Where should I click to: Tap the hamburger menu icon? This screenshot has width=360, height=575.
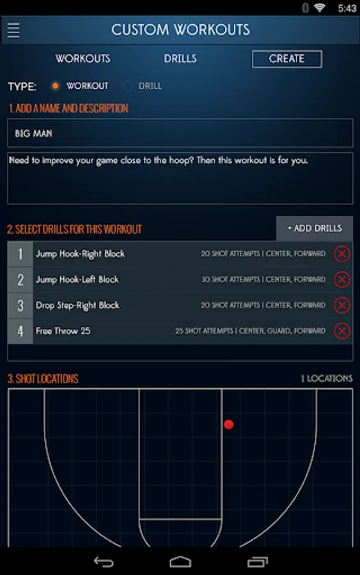pyautogui.click(x=13, y=30)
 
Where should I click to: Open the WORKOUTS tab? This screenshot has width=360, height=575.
pyautogui.click(x=82, y=59)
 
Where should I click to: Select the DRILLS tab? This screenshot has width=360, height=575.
pyautogui.click(x=180, y=59)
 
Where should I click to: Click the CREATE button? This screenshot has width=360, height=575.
pyautogui.click(x=286, y=59)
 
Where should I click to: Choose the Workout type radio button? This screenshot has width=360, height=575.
pyautogui.click(x=56, y=86)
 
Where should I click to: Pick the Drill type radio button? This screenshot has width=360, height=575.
pyautogui.click(x=127, y=86)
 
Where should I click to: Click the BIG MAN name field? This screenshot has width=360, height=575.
pyautogui.click(x=180, y=133)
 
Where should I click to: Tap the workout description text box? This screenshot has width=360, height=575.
pyautogui.click(x=180, y=178)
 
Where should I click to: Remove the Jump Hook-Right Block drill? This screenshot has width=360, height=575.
pyautogui.click(x=341, y=254)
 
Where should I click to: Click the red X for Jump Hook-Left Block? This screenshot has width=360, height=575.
pyautogui.click(x=341, y=279)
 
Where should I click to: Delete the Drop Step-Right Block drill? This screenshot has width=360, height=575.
pyautogui.click(x=341, y=305)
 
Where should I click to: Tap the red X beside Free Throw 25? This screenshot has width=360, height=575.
pyautogui.click(x=341, y=331)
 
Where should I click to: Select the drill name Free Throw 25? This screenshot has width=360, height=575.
pyautogui.click(x=63, y=331)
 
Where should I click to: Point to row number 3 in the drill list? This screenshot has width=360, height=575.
pyautogui.click(x=20, y=305)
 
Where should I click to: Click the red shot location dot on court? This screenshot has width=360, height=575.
pyautogui.click(x=229, y=424)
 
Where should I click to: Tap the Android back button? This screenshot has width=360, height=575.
pyautogui.click(x=104, y=562)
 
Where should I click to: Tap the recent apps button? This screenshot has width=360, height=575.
pyautogui.click(x=258, y=562)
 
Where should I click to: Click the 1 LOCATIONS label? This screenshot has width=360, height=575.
pyautogui.click(x=327, y=378)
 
